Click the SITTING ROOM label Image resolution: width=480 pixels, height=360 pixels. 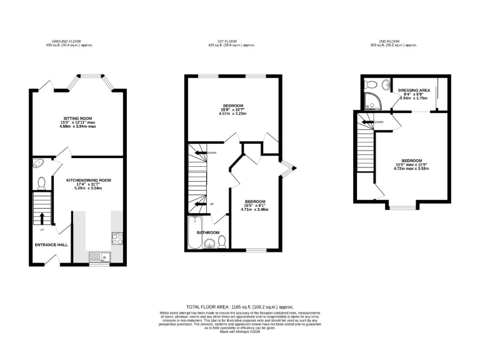click(x=76, y=117)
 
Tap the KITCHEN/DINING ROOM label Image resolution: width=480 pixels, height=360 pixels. click(x=89, y=180)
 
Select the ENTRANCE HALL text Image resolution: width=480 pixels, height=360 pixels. click(x=51, y=244)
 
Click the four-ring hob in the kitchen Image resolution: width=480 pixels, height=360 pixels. click(x=117, y=237)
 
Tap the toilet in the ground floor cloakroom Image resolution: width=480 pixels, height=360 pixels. click(x=41, y=183)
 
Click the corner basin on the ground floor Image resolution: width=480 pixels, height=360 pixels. click(x=38, y=164)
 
